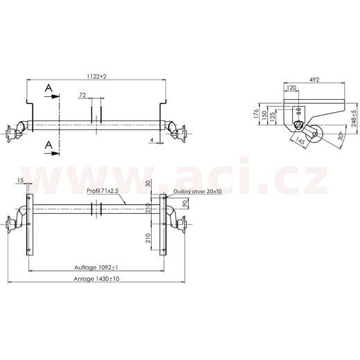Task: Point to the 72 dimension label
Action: tap(83, 93)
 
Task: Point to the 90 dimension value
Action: tap(184, 205)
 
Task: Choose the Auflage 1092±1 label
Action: tap(98, 267)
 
